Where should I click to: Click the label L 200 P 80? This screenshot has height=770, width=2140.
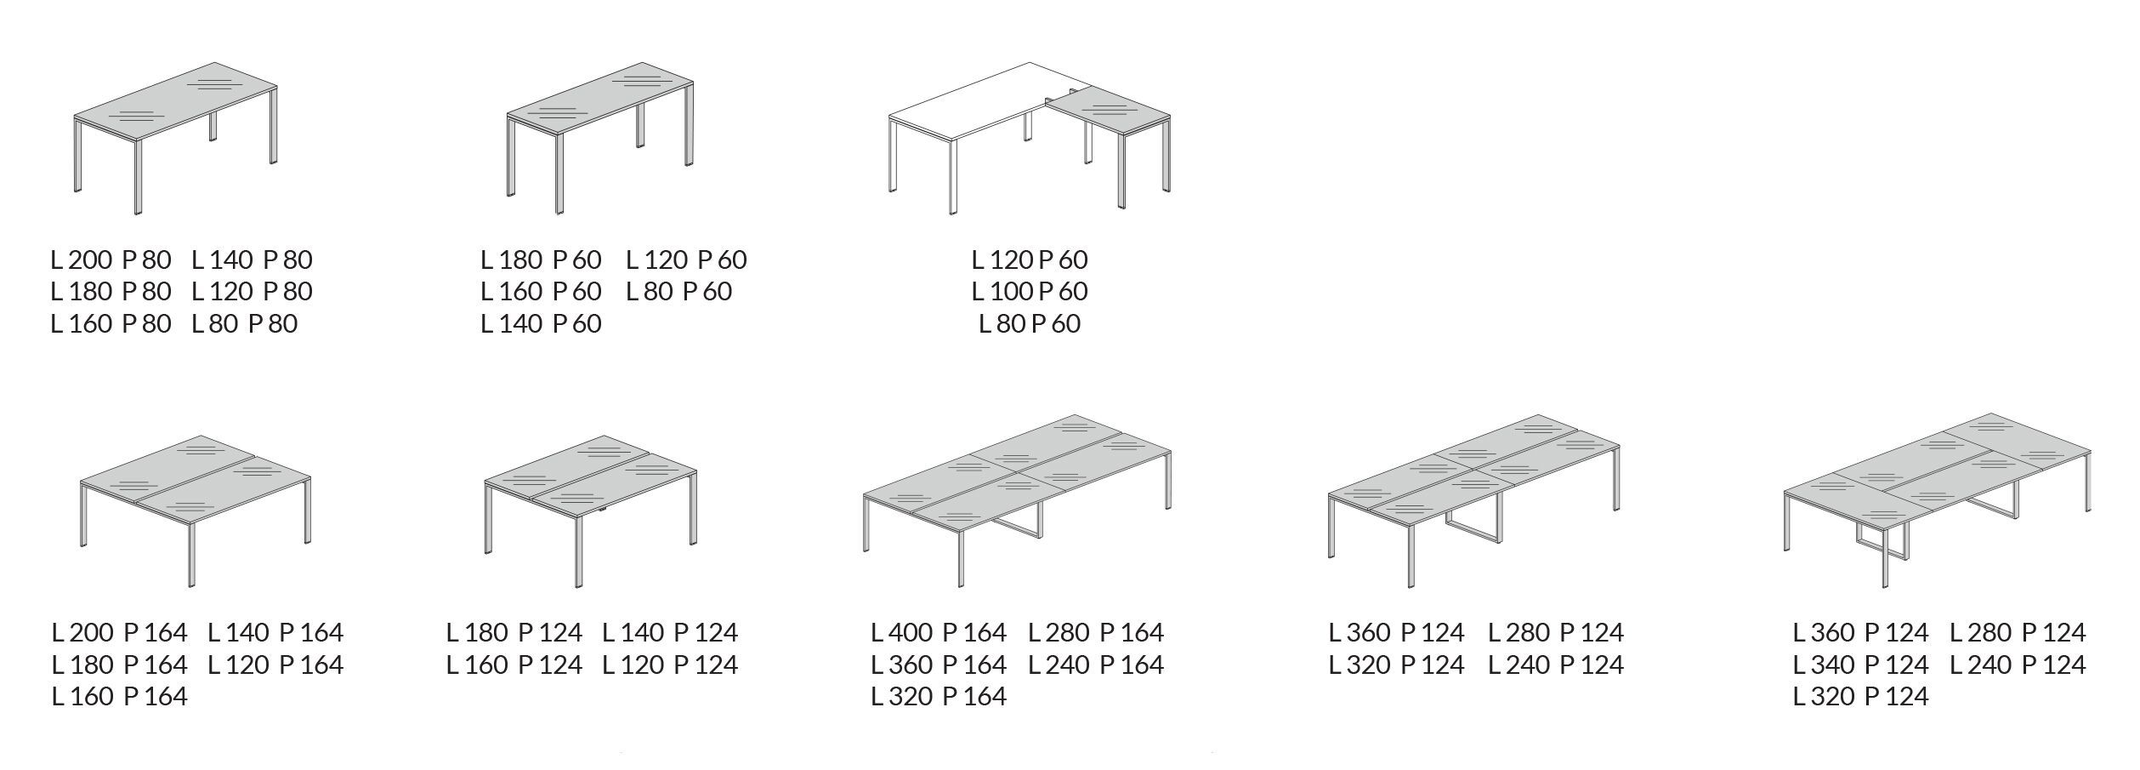111,260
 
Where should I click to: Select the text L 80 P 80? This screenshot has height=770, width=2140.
245,323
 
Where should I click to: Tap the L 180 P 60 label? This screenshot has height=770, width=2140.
541,260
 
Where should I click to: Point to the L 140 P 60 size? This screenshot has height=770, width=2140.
541,323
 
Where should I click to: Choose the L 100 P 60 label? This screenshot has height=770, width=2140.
1030,291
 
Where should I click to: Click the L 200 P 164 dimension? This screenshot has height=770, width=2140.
119,632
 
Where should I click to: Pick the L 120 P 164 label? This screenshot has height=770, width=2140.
275,664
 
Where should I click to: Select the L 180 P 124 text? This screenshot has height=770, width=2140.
514,632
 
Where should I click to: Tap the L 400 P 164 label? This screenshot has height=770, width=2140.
939,632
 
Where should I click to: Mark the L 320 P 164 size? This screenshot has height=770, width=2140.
939,696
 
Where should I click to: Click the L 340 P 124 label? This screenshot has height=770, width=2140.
1861,664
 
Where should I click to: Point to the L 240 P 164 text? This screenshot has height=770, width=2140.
1096,664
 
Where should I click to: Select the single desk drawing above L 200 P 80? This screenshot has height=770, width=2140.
176,138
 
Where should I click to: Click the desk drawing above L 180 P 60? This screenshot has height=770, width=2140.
600,138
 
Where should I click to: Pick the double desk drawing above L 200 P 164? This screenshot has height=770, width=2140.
196,511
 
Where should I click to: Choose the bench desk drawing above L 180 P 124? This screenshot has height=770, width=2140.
591,511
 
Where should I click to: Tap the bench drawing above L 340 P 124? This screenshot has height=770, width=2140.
1938,501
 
